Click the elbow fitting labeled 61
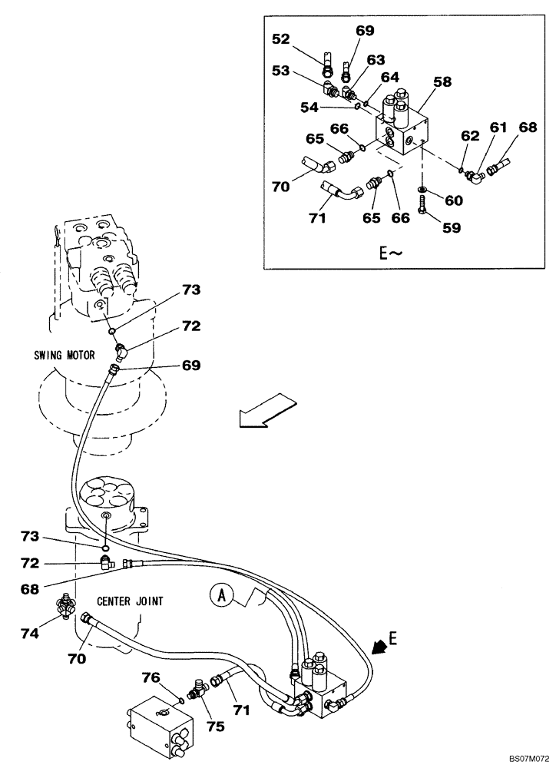(x=478, y=177)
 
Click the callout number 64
(x=390, y=78)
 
